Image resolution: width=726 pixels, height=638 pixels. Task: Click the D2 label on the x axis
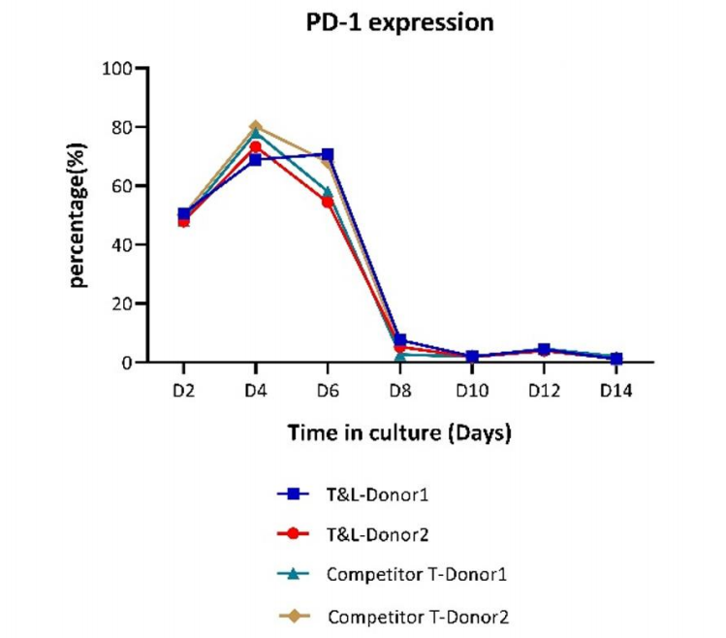[x=184, y=391]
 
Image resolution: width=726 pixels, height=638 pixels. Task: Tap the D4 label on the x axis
[x=256, y=391]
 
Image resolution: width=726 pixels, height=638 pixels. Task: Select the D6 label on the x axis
[x=328, y=391]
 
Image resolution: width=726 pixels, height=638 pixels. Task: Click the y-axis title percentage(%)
[x=79, y=215]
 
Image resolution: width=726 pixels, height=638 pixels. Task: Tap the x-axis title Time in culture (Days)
[x=398, y=433]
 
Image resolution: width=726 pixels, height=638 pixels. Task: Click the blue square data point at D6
[x=328, y=154]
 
